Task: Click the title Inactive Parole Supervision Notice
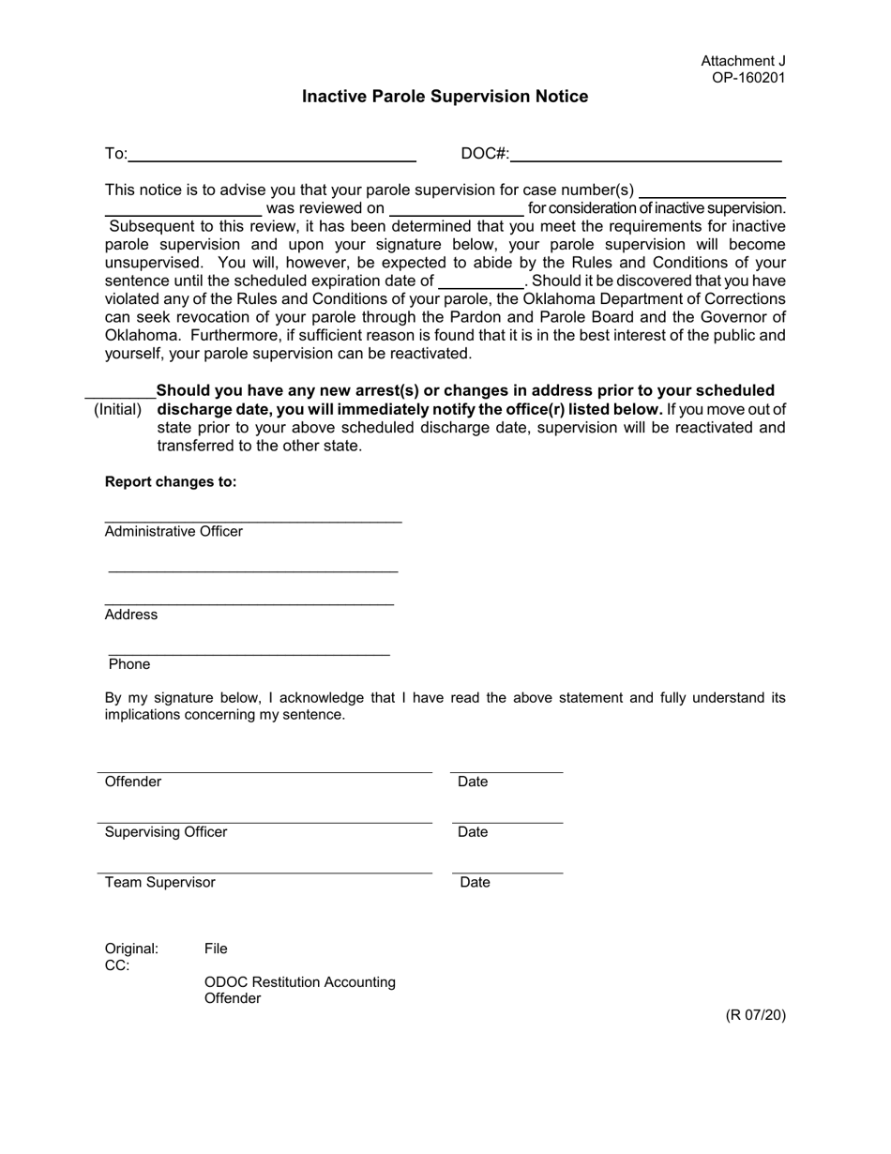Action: pos(445,97)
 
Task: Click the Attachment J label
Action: pos(743,61)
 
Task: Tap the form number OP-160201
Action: pos(748,78)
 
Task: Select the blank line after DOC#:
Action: pos(646,155)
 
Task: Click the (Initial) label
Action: pos(118,409)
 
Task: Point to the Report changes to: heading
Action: pos(171,481)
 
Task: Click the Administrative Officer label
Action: pos(174,532)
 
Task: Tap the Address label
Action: pos(131,615)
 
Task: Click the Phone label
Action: pos(129,664)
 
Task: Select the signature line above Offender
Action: pos(264,770)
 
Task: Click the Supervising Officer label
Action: pos(166,832)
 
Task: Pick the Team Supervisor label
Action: pos(160,883)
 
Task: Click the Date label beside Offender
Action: pos(473,782)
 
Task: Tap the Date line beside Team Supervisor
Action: pos(507,872)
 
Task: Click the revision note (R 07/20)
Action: pos(755,1015)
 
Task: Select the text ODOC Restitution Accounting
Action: pos(300,982)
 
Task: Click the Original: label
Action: pos(131,949)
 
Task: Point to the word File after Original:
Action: pos(216,949)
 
